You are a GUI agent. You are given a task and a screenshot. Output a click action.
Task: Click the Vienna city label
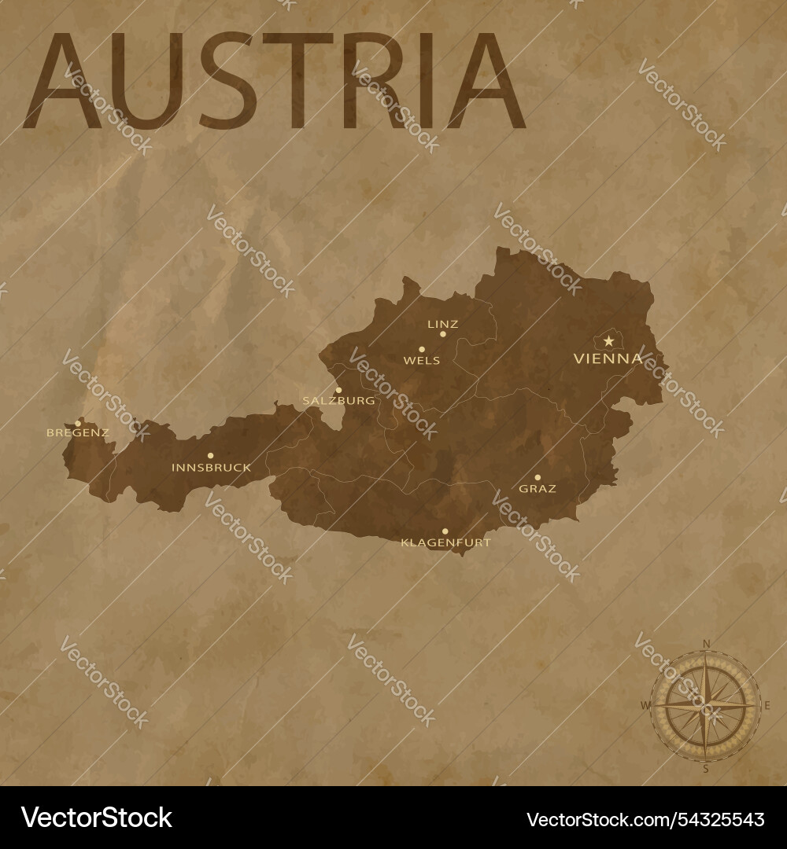click(x=608, y=359)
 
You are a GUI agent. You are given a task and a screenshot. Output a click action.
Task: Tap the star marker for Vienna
click(x=608, y=341)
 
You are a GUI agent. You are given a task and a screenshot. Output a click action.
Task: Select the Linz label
click(x=442, y=324)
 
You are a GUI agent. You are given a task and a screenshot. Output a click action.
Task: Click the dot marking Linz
click(x=443, y=334)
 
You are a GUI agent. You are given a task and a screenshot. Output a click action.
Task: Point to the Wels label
click(x=421, y=361)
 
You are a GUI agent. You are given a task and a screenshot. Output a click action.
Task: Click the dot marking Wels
click(x=422, y=349)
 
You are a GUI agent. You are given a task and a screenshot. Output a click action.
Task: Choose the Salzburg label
click(x=338, y=401)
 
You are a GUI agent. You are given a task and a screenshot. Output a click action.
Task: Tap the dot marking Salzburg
click(x=339, y=390)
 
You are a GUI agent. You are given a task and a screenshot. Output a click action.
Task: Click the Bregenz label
click(x=77, y=432)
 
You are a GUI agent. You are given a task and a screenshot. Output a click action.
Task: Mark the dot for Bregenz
click(x=78, y=423)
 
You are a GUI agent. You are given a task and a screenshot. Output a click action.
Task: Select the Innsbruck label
click(x=211, y=468)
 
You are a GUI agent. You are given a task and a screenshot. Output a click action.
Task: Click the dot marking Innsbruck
click(x=210, y=455)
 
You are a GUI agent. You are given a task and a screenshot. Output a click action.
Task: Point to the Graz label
click(x=538, y=489)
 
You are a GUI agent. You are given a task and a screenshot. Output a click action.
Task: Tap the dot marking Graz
click(x=538, y=477)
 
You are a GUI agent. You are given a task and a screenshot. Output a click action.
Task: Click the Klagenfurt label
click(x=445, y=542)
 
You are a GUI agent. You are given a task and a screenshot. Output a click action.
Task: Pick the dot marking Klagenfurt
click(x=445, y=531)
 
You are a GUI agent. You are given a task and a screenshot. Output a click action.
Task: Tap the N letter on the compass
click(x=706, y=645)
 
